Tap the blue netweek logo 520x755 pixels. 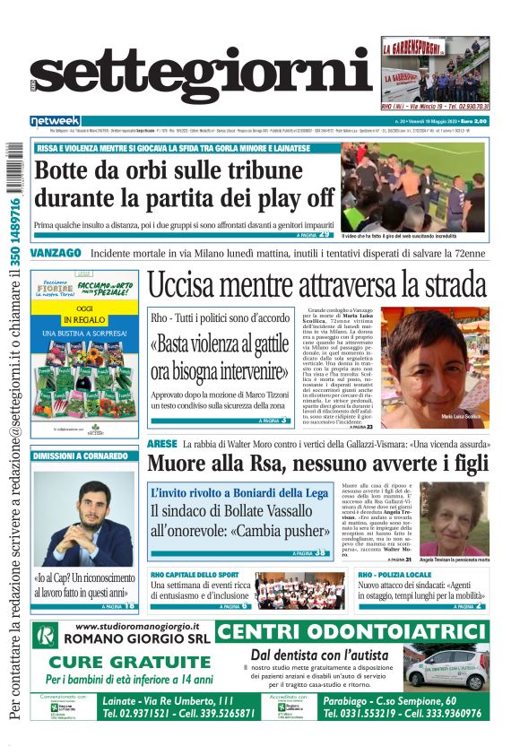[x=55, y=120]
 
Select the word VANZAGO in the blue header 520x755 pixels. [x=56, y=254]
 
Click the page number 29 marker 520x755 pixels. [x=324, y=234]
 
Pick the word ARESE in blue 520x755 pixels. [x=162, y=444]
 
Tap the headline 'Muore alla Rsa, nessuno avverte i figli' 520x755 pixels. [x=318, y=464]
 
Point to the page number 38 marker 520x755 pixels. [x=319, y=553]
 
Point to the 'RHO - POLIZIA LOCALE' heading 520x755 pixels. [x=395, y=574]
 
